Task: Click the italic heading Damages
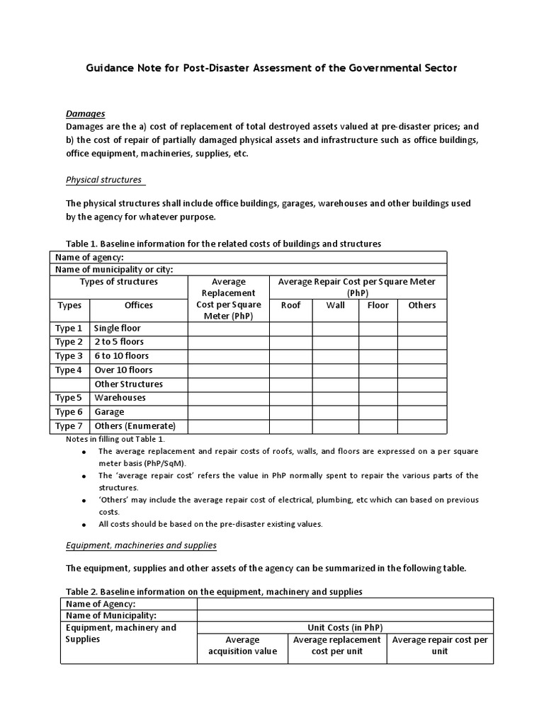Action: pos(85,113)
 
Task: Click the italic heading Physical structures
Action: pos(103,180)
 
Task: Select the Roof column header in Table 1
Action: pos(290,305)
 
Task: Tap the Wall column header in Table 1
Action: pos(335,305)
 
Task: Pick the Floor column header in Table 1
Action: pos(378,305)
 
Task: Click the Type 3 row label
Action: pos(69,356)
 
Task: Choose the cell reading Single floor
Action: pos(117,329)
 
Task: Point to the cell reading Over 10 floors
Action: pos(123,370)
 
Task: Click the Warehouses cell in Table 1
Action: pos(120,398)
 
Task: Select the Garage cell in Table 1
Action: pos(109,412)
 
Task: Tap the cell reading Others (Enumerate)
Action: pos(135,426)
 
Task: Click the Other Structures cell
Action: pos(128,384)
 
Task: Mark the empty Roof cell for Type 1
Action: pos(290,329)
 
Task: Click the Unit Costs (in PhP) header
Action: pos(345,628)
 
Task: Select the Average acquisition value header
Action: pos(242,646)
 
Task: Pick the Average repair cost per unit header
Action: pos(440,646)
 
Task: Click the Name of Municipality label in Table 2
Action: pos(110,616)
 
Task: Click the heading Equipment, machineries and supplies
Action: pos(141,545)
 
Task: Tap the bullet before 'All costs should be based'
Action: pos(84,525)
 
